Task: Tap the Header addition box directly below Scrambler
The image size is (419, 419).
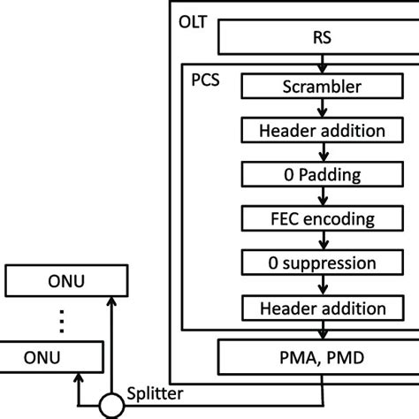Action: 321,130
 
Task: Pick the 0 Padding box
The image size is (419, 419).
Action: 321,174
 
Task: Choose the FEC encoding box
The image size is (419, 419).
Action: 321,218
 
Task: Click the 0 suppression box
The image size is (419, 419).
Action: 321,263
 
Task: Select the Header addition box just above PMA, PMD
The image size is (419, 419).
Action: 321,308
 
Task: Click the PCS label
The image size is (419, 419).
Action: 206,79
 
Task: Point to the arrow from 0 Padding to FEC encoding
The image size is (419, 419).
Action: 321,196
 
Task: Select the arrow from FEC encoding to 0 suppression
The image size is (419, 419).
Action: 321,240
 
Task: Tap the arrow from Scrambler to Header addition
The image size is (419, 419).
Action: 321,108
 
